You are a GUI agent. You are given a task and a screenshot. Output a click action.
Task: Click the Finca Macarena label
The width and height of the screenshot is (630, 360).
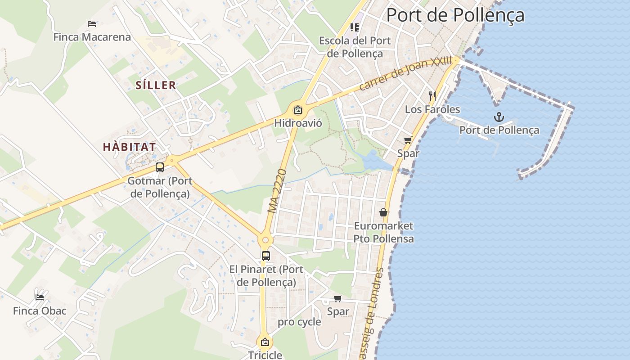tap(92, 37)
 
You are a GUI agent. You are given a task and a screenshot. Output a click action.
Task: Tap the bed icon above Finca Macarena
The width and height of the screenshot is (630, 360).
tap(92, 23)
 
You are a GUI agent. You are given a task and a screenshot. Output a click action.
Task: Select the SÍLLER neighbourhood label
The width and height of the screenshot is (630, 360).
tap(156, 85)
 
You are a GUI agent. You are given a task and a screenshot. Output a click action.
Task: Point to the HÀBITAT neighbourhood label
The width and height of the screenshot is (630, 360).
tap(129, 147)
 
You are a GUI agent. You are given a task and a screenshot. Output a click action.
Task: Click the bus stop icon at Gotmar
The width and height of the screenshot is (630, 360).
tap(160, 167)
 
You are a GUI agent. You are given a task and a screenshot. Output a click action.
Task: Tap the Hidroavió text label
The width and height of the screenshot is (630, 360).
tap(298, 122)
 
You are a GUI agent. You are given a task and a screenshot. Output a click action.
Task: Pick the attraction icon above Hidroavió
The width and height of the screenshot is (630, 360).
tap(297, 110)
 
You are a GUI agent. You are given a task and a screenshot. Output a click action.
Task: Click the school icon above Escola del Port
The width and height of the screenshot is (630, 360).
tap(355, 27)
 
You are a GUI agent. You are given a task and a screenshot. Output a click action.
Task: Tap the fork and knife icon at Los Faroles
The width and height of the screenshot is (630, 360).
tap(432, 96)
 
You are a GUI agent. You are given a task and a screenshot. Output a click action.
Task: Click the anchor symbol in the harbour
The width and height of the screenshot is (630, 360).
tap(499, 117)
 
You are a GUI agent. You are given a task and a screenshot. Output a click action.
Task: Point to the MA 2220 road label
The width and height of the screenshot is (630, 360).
tap(277, 191)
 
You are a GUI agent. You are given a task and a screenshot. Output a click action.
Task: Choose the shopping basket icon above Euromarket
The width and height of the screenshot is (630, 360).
tap(383, 212)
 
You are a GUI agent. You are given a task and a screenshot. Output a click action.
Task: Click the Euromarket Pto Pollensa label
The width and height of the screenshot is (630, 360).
tap(383, 232)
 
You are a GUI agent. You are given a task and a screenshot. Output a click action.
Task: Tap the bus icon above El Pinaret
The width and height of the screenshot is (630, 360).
tap(266, 256)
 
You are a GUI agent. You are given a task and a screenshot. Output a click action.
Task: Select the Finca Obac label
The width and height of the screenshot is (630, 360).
tap(40, 311)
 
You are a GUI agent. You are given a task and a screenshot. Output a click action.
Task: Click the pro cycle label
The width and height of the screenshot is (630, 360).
tap(299, 322)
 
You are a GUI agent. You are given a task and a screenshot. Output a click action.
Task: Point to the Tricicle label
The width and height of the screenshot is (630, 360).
tap(265, 355)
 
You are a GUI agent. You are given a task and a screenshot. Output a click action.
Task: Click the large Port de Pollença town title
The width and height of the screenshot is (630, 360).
tap(455, 15)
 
